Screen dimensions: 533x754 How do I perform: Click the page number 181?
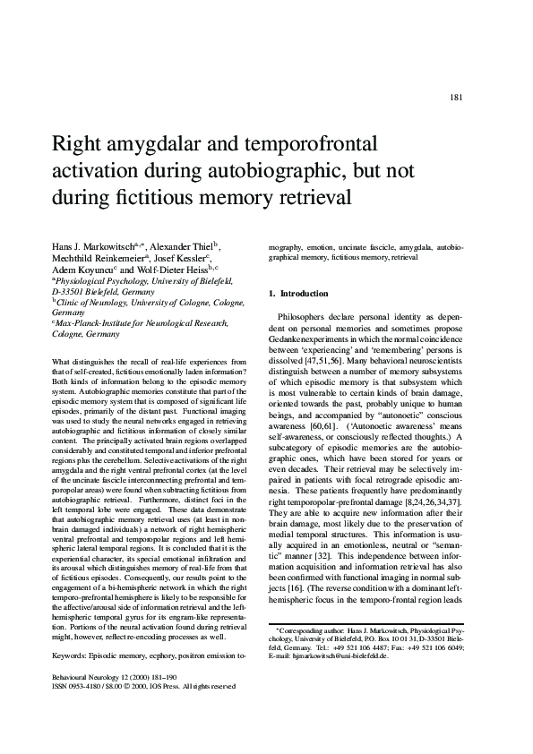456,98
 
